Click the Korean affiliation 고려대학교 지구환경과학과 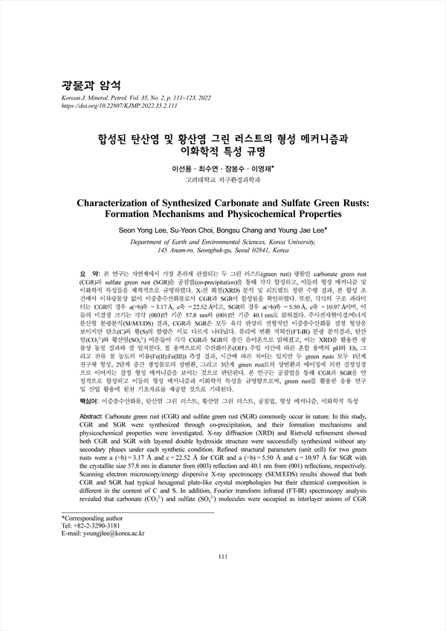pos(222,181)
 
